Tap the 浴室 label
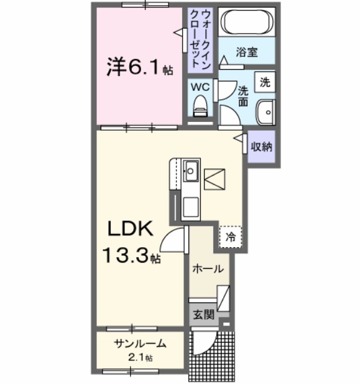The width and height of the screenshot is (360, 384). click(247, 53)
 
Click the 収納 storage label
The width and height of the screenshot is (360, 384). click(261, 148)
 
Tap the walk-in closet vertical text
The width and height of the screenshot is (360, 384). click(200, 39)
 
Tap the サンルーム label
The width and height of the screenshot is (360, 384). click(140, 344)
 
